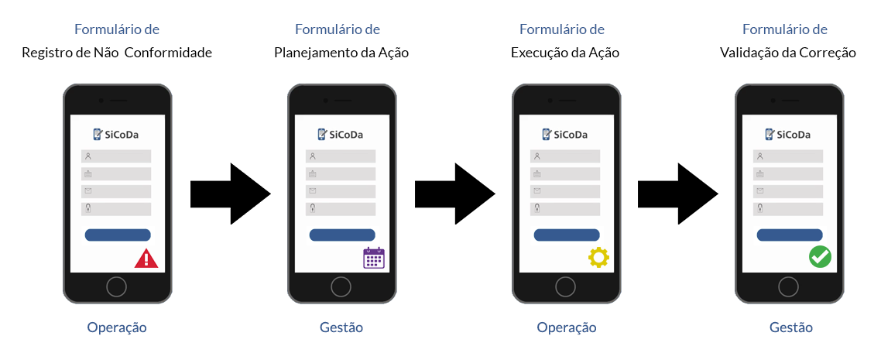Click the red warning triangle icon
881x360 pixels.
pyautogui.click(x=146, y=259)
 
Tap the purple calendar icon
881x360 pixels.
pyautogui.click(x=374, y=258)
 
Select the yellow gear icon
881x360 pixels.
pyautogui.click(x=598, y=258)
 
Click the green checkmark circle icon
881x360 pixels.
pyautogui.click(x=820, y=257)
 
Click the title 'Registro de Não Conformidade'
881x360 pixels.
pyautogui.click(x=117, y=53)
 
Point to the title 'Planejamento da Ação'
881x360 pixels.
pyautogui.click(x=341, y=53)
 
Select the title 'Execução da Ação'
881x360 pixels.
pyautogui.click(x=565, y=53)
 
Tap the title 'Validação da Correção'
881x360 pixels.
pyautogui.click(x=788, y=53)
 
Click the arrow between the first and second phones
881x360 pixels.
pyautogui.click(x=230, y=194)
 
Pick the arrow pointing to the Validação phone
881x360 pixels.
pyautogui.click(x=677, y=194)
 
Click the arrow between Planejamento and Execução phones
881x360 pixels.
pyautogui.click(x=454, y=194)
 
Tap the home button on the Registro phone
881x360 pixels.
pyautogui.click(x=116, y=287)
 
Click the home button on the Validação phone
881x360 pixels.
pyautogui.click(x=789, y=287)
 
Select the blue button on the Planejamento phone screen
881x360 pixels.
pyautogui.click(x=342, y=235)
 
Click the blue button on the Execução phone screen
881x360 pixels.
pyautogui.click(x=567, y=235)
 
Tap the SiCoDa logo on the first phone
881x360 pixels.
pyautogui.click(x=117, y=135)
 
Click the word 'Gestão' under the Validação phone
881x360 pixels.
pyautogui.click(x=791, y=327)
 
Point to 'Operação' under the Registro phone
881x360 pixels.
pyautogui.click(x=117, y=327)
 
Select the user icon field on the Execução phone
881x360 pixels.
pyautogui.click(x=565, y=156)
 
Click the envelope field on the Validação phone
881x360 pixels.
pyautogui.click(x=788, y=191)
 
